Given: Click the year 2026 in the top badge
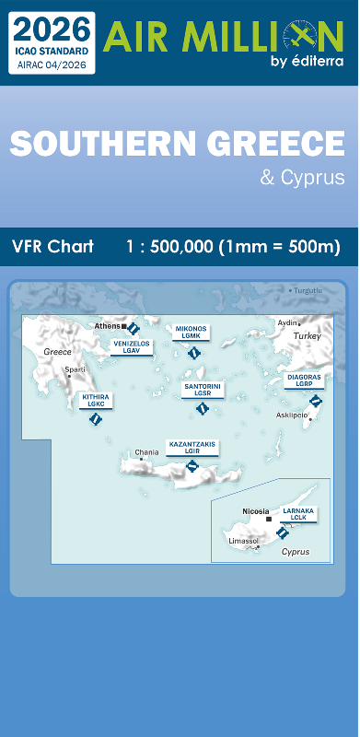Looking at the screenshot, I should [53, 27].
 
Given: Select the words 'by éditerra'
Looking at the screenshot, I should [307, 62].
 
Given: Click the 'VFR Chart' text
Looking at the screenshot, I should [53, 247].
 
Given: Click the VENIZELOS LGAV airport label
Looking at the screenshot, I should [131, 346].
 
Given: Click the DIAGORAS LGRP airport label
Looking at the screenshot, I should [304, 380].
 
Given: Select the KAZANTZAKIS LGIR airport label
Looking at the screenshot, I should [192, 447].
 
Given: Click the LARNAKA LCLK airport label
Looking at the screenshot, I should [298, 513].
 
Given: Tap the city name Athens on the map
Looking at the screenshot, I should [107, 325].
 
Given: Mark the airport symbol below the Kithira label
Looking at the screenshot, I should [94, 419].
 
